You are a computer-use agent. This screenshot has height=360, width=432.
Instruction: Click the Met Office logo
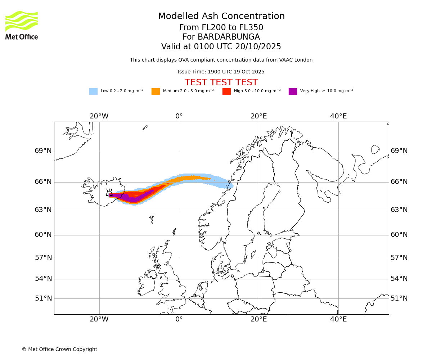coord(22,25)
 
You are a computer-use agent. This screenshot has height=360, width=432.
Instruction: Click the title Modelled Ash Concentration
coord(221,17)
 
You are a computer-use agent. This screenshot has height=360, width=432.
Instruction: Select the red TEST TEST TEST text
coord(221,83)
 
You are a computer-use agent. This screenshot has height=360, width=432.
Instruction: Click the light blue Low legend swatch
coord(93,91)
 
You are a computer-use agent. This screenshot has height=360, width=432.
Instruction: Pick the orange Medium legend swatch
coord(156,91)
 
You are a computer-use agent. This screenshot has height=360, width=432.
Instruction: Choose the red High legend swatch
coord(226,91)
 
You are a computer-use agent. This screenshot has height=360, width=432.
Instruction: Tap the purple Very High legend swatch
coord(293,91)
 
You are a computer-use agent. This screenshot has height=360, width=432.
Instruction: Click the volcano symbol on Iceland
coord(109,193)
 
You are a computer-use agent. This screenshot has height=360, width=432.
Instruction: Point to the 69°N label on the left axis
coord(43,151)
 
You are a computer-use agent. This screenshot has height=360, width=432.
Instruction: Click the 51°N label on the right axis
coord(399,298)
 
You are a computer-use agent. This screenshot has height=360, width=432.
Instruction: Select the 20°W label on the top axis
coord(99,116)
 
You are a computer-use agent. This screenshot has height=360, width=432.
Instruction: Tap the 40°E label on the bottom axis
coord(338,319)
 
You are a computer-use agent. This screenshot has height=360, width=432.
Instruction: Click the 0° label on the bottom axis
coord(179,319)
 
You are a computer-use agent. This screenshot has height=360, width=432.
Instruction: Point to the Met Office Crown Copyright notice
coord(59,350)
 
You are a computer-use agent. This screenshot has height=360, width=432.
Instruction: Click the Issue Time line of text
coord(221,72)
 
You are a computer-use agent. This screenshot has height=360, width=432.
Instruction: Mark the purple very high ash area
coord(133,197)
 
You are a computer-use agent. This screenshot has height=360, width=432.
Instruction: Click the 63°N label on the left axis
coord(43,210)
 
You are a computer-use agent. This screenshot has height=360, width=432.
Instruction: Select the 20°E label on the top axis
coord(258,116)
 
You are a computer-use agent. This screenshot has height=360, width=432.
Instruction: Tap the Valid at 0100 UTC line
coord(221,47)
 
